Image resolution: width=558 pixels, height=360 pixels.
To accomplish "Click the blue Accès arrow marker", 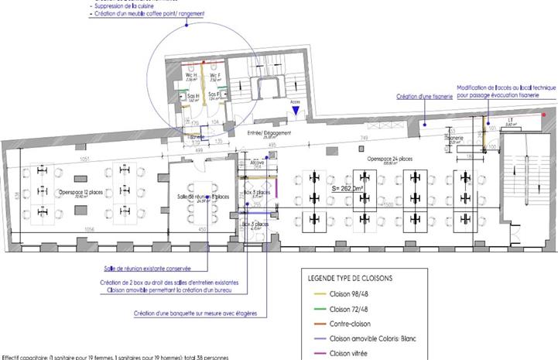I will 295,111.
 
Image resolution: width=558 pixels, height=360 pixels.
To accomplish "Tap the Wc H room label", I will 191,75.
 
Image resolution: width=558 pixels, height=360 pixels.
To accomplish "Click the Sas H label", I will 192,96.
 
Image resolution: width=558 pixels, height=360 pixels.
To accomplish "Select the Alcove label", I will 258,163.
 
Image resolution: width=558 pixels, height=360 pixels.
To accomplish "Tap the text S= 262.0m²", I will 347,187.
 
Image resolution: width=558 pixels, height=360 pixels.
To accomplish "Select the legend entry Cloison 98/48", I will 347,295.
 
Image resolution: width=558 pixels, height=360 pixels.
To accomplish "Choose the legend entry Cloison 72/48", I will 347,310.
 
